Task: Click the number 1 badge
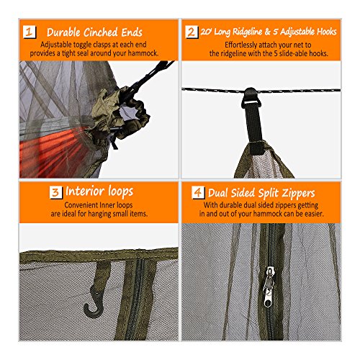pyautogui.click(x=30, y=32)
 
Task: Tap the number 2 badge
pyautogui.click(x=192, y=32)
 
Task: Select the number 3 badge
pyautogui.click(x=55, y=192)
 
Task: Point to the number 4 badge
pyautogui.click(x=198, y=192)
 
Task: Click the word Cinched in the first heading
pyautogui.click(x=101, y=32)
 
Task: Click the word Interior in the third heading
pyautogui.click(x=85, y=192)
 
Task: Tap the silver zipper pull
pyautogui.click(x=269, y=287)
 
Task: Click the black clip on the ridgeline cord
pyautogui.click(x=251, y=98)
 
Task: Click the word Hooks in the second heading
pyautogui.click(x=326, y=32)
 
